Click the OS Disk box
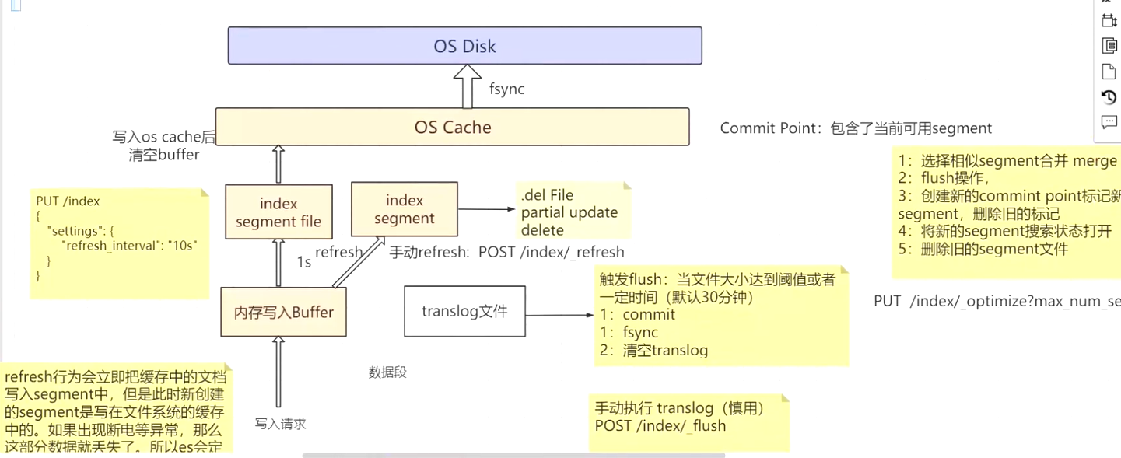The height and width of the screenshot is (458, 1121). [x=464, y=46]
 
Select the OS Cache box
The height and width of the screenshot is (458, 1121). [x=452, y=127]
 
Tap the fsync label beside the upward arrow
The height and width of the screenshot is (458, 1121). [x=506, y=89]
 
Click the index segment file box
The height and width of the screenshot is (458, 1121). [x=278, y=212]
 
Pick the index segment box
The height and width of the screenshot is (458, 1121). [x=404, y=210]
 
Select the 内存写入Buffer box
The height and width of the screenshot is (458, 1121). [x=283, y=313]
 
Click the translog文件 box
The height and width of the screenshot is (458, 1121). [x=464, y=312]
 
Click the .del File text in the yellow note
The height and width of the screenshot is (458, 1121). [x=547, y=195]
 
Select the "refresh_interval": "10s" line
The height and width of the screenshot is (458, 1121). [x=129, y=245]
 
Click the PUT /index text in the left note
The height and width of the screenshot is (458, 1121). [x=68, y=201]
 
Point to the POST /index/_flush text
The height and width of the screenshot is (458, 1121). [x=660, y=425]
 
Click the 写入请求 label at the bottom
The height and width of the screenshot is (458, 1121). [x=280, y=424]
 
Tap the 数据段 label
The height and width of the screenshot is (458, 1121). [x=387, y=372]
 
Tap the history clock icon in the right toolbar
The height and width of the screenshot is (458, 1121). [x=1109, y=97]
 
